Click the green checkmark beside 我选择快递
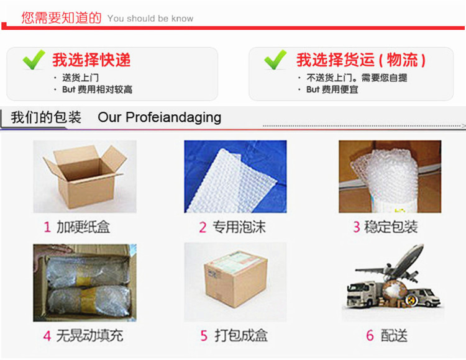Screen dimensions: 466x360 click(34, 60)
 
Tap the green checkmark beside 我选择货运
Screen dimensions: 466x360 click(275, 60)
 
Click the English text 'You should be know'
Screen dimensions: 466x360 click(150, 19)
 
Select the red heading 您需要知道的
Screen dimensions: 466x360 click(62, 17)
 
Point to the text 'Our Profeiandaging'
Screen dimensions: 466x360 click(159, 117)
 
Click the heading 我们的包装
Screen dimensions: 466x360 click(46, 117)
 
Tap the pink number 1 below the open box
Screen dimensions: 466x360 click(47, 227)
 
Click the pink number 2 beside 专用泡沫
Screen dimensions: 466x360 click(203, 227)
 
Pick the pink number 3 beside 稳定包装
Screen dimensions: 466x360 click(357, 227)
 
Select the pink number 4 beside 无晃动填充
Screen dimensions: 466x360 click(47, 336)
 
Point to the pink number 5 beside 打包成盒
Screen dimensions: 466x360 click(204, 336)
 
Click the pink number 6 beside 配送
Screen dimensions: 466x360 click(370, 336)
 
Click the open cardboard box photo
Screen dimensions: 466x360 click(85, 177)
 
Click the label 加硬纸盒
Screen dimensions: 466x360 click(83, 227)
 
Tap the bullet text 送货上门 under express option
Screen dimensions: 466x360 click(80, 78)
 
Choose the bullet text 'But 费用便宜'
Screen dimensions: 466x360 click(332, 89)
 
